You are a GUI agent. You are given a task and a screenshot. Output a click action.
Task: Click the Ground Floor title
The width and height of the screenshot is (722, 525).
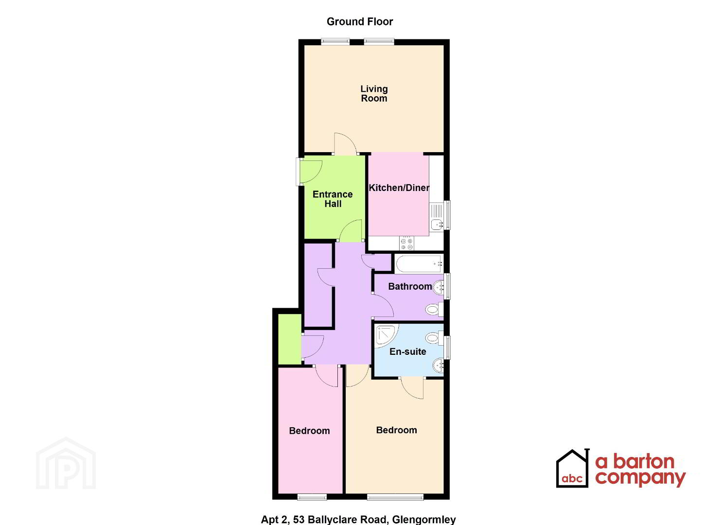point(360,21)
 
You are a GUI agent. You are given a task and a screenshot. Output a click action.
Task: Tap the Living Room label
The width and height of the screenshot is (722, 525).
point(374,93)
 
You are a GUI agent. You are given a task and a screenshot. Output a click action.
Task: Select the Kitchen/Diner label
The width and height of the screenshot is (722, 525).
point(399,188)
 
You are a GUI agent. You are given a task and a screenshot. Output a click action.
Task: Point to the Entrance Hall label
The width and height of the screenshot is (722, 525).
point(333,199)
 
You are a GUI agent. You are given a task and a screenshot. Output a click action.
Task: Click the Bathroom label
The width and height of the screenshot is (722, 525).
point(410,286)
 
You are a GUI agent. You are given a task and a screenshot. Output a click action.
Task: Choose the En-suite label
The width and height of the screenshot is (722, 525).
point(408,351)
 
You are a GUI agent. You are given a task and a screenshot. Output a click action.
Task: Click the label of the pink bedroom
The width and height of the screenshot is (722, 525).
point(309,431)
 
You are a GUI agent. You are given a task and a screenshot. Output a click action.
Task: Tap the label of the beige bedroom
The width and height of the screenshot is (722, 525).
point(396,430)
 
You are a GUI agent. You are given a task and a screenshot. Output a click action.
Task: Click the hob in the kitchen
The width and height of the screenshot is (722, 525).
point(406,243)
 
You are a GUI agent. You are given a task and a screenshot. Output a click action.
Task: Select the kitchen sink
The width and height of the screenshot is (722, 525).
point(437,216)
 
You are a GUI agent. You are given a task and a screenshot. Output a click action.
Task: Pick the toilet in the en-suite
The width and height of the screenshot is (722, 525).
point(434,338)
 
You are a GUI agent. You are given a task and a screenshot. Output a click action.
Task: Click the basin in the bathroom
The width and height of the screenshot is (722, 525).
point(438,287)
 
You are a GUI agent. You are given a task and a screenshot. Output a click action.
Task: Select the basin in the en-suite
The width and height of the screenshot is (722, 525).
point(438,366)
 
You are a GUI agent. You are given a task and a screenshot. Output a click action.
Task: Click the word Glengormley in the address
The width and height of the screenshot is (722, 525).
point(424,520)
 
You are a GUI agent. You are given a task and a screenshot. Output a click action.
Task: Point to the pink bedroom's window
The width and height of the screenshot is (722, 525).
point(312,498)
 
